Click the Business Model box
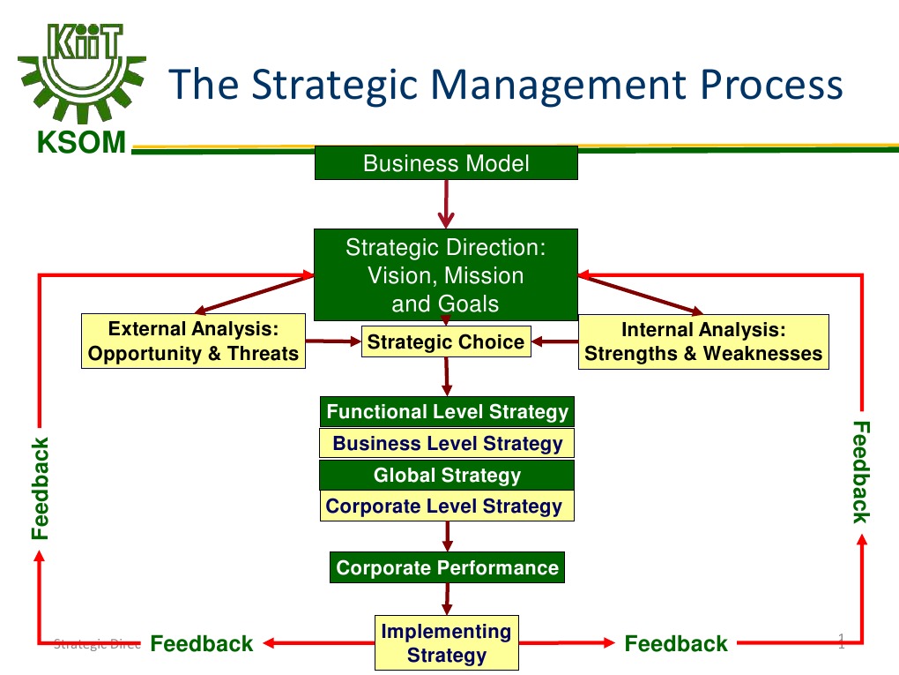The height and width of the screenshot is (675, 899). coord(446,163)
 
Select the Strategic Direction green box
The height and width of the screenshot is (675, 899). coord(446,274)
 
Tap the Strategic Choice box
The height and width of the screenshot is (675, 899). coord(446,342)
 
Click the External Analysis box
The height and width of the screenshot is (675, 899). coord(193,342)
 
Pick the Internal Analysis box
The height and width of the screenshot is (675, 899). coord(703,342)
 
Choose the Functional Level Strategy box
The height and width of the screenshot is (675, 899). coord(447,412)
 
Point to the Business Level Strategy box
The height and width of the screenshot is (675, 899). coord(447,443)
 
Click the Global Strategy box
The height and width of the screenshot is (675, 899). coord(447,476)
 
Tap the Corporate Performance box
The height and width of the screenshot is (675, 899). coord(447,567)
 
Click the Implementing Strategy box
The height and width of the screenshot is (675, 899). coord(446,643)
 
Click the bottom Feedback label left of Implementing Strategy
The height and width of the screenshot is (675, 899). coord(202,644)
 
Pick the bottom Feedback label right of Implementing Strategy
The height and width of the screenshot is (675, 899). coord(676,644)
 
